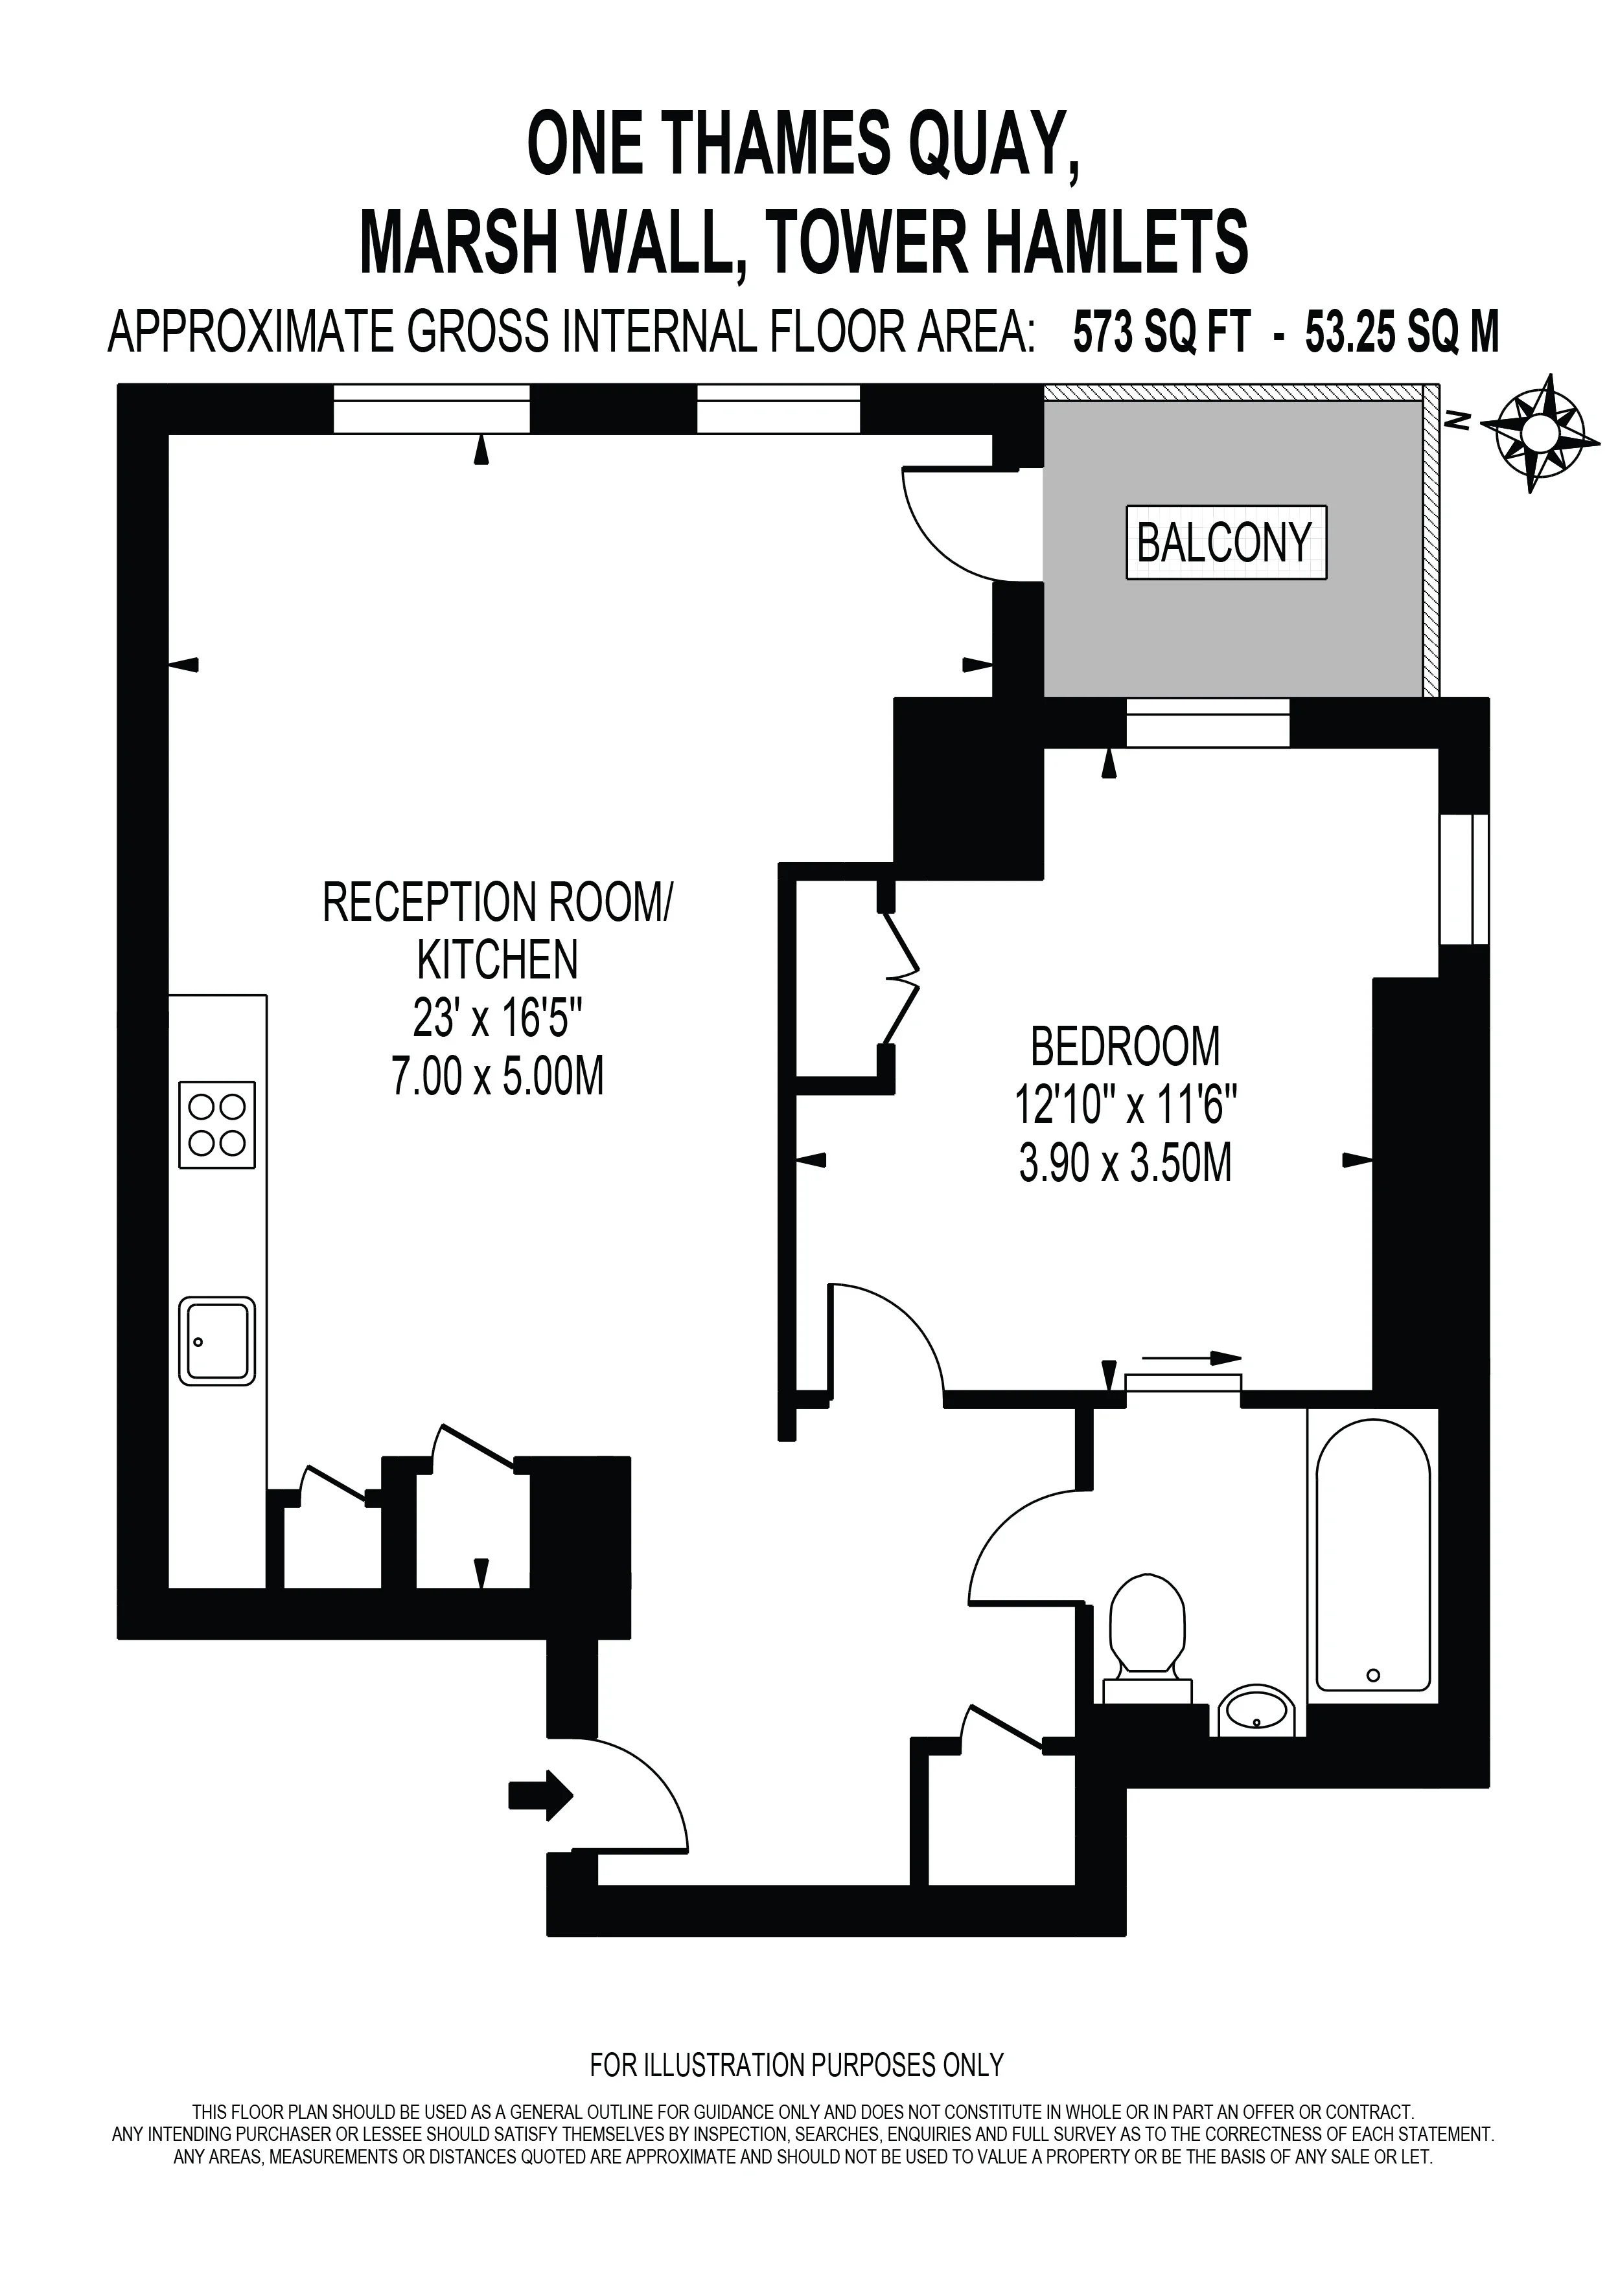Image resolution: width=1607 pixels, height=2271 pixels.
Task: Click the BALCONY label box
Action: pos(1226,543)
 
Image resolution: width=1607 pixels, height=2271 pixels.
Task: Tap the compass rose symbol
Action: pos(1541,432)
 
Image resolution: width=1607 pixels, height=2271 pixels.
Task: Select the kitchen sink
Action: pos(216,1340)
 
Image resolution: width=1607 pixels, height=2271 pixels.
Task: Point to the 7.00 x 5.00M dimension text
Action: pos(498,1076)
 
